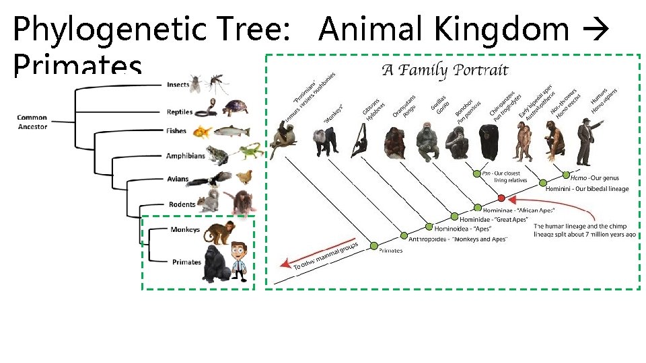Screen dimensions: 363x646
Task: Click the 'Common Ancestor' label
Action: click(x=32, y=122)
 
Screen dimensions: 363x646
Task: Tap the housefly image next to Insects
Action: click(x=195, y=84)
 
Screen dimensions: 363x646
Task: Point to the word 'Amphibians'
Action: click(x=185, y=156)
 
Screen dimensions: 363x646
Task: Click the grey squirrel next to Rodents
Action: click(x=211, y=200)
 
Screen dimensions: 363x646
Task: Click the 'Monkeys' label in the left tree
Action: click(x=185, y=230)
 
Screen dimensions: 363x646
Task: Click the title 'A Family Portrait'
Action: click(x=445, y=69)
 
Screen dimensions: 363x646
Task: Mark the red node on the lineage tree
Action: click(x=501, y=198)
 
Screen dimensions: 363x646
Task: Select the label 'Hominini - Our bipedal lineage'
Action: click(x=587, y=189)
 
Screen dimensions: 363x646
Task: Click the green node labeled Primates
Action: click(x=374, y=246)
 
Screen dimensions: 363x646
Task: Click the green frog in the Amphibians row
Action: click(x=217, y=155)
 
